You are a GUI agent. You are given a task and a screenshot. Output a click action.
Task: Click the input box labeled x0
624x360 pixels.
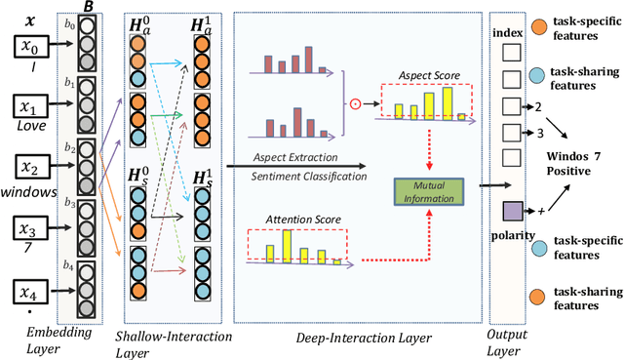coord(31,46)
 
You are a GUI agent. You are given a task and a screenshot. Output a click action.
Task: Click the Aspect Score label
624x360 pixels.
coord(428,74)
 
